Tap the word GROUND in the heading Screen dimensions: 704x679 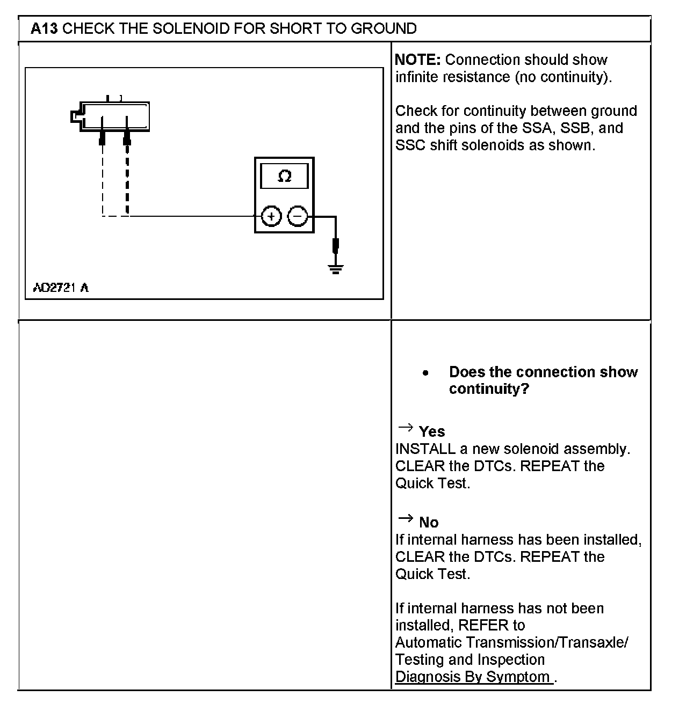[384, 28]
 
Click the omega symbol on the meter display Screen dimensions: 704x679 [284, 176]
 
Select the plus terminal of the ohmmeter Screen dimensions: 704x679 [271, 217]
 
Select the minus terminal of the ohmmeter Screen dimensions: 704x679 [298, 217]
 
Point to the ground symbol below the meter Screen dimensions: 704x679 [336, 268]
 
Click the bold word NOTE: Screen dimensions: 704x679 [417, 60]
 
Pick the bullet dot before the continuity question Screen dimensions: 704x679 [425, 373]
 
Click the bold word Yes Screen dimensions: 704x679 [432, 432]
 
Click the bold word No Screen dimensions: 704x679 [429, 523]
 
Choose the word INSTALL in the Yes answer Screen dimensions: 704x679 [425, 449]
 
